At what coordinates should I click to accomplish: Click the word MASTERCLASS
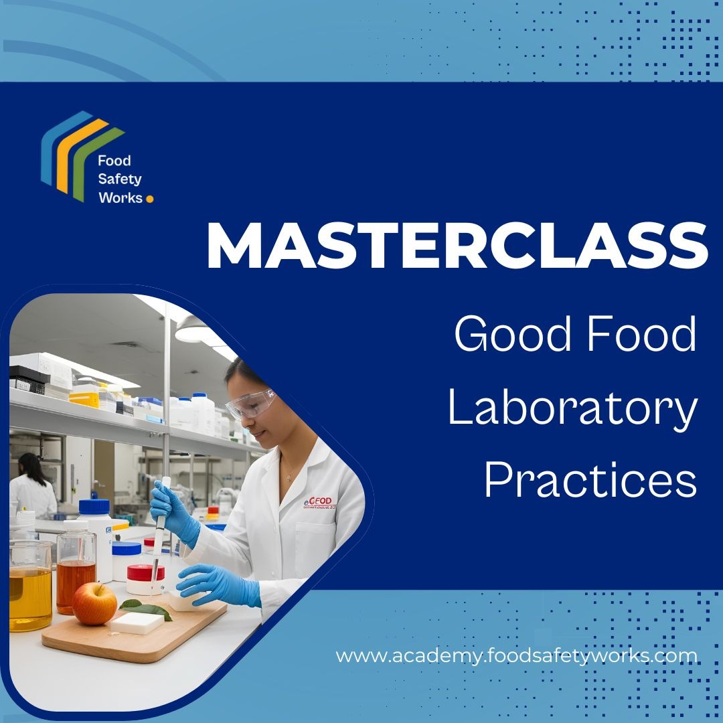point(457,245)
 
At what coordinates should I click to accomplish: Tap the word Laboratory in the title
point(572,409)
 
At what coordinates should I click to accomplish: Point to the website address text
point(516,655)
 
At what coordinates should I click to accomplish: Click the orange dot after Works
point(149,198)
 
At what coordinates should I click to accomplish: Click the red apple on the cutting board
point(94,602)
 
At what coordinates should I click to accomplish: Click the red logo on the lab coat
point(320,501)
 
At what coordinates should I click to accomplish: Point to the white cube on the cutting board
point(137,622)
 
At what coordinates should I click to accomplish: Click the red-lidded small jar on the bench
point(146,578)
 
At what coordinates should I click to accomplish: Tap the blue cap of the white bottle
point(94,507)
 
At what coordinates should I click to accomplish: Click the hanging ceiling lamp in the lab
point(191,329)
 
